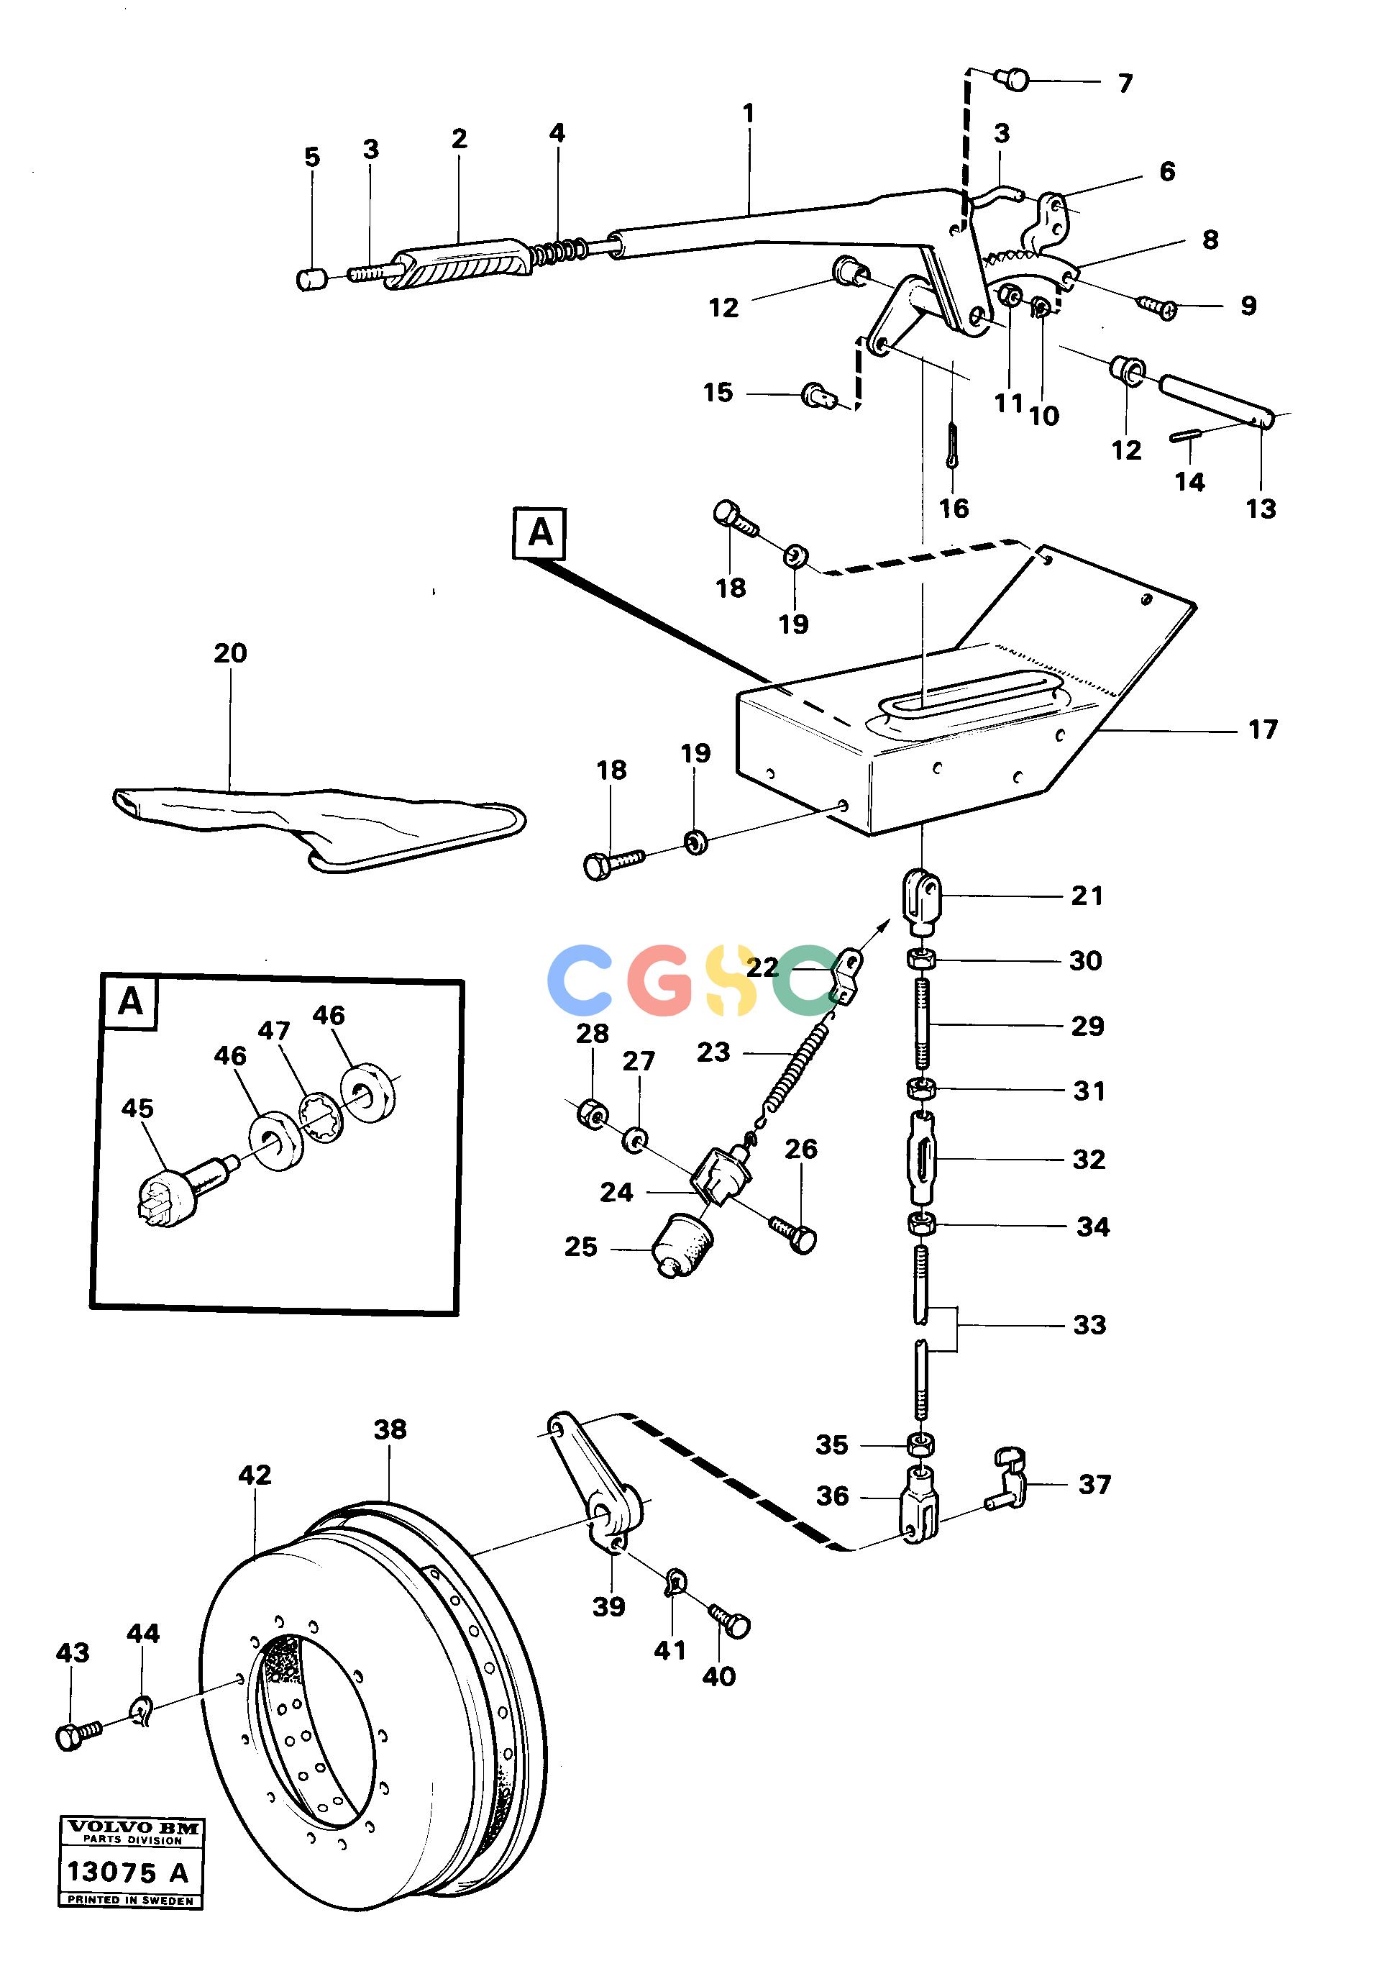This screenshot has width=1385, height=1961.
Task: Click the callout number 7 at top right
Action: pyautogui.click(x=1125, y=83)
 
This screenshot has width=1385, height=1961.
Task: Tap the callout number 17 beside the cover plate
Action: pyautogui.click(x=1263, y=729)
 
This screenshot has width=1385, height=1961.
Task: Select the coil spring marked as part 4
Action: pyautogui.click(x=559, y=252)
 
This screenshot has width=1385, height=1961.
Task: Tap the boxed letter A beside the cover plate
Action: pyautogui.click(x=539, y=534)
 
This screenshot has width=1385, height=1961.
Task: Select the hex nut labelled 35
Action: pyautogui.click(x=920, y=1444)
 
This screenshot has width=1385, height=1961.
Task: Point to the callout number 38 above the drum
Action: pyautogui.click(x=390, y=1429)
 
